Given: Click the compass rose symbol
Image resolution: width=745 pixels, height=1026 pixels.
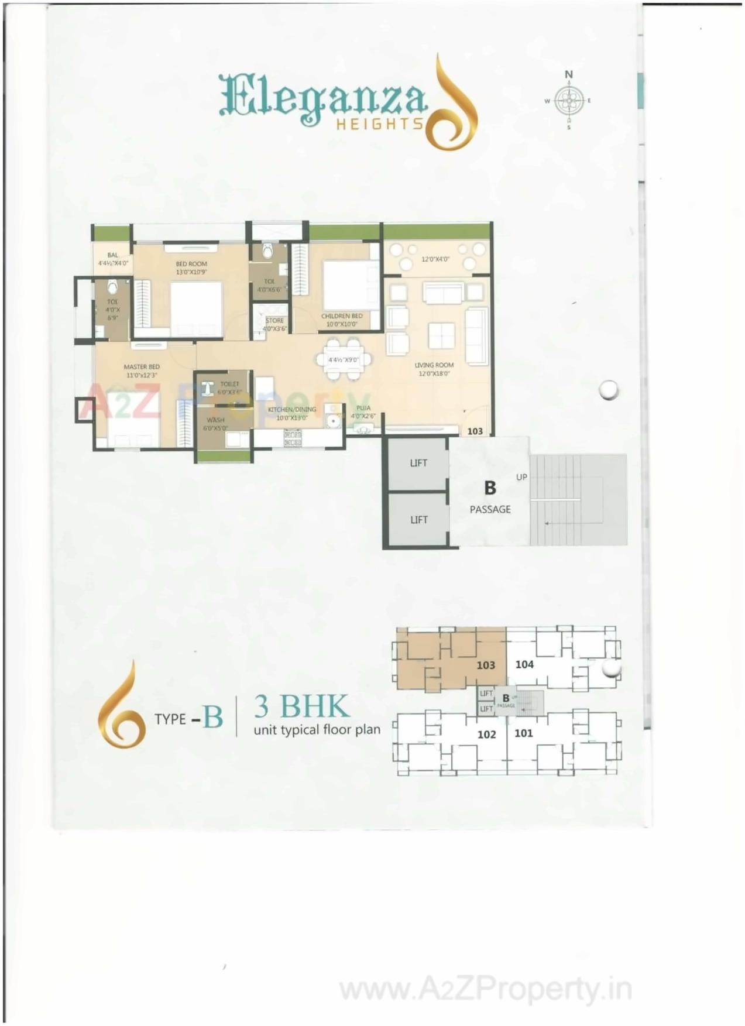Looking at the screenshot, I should (x=568, y=101).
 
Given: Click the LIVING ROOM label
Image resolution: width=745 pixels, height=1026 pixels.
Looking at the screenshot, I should (x=434, y=365).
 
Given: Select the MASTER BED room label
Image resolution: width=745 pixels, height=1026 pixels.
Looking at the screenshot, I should (x=141, y=367).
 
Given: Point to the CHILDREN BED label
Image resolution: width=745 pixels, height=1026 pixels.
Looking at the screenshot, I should (x=342, y=316).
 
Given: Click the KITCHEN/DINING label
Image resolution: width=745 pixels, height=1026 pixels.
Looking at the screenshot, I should (x=291, y=410).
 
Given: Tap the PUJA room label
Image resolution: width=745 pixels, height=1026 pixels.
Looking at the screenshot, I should (x=363, y=408).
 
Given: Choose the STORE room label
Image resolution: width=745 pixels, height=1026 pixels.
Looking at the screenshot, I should (x=274, y=321).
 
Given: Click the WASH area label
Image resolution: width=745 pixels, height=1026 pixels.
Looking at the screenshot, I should (x=215, y=420).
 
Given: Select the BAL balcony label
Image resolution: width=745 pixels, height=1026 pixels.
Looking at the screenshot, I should (x=112, y=255).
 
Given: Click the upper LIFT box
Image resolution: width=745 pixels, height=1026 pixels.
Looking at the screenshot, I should (x=418, y=463).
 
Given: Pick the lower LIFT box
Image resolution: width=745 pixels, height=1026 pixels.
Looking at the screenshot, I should (x=418, y=520).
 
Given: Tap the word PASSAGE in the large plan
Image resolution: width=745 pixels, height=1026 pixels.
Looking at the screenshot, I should (x=490, y=509).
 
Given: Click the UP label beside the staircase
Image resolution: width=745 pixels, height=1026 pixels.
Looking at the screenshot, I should (x=521, y=477).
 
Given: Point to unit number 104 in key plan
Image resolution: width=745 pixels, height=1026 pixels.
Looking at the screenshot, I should (x=524, y=664).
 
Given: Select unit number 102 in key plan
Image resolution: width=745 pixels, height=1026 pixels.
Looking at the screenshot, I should (x=486, y=734).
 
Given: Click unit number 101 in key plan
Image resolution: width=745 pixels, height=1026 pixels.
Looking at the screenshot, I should (x=523, y=733).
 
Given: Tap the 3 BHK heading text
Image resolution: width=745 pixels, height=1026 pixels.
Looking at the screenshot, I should (x=301, y=706).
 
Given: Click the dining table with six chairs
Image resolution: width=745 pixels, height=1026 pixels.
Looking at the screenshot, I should (x=344, y=359).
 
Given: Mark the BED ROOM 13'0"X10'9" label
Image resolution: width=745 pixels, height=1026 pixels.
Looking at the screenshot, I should (x=191, y=264).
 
